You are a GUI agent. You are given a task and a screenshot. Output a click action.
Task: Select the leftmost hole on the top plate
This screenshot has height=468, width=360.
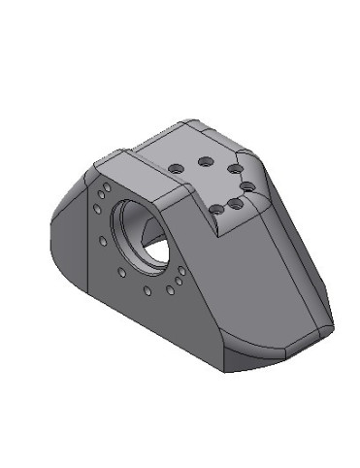coord(176,169)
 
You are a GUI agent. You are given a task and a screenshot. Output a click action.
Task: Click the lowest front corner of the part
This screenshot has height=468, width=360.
coord(227,370)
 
